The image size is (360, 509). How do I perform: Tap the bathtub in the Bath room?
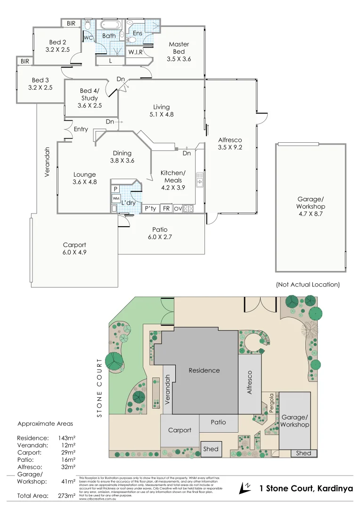click(x=109, y=25)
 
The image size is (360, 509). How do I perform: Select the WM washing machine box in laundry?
click(x=116, y=198)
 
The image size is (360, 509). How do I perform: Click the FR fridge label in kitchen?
click(x=166, y=208)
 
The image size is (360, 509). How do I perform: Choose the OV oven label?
click(x=178, y=208)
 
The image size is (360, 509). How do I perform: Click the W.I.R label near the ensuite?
click(x=135, y=52)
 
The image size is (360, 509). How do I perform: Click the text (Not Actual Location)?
click(x=307, y=285)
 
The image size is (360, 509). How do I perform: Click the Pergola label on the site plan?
click(x=271, y=403)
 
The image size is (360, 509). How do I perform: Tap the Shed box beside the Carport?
click(x=211, y=449)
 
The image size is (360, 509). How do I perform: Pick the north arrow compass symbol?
click(x=245, y=488)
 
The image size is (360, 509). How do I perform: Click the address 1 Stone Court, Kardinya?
click(x=306, y=489)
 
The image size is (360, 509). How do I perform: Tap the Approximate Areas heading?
click(x=45, y=423)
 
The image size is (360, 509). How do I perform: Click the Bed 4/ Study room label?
click(x=89, y=98)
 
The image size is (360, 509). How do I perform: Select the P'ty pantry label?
click(x=150, y=208)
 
